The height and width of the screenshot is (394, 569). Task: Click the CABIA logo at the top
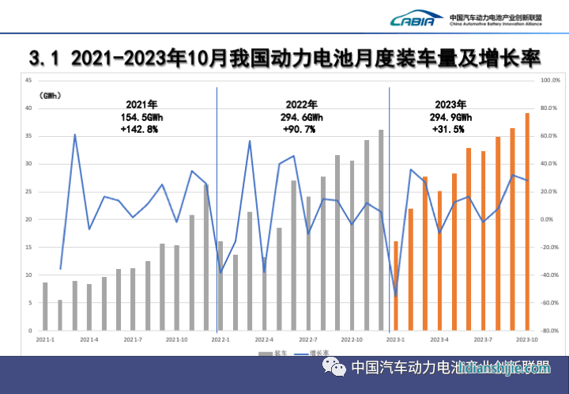click(413, 19)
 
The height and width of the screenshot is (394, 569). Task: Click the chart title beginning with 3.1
click(284, 59)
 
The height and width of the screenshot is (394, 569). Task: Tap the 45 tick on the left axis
click(28, 81)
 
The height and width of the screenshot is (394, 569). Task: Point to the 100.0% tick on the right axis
click(549, 81)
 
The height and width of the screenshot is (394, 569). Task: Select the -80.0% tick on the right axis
click(550, 331)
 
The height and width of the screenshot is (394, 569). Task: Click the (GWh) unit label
click(53, 96)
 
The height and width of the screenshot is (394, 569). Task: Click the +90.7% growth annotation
click(300, 129)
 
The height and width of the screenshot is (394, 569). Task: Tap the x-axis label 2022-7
click(307, 339)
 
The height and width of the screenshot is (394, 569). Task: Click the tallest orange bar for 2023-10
click(527, 222)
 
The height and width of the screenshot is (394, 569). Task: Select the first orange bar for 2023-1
click(396, 286)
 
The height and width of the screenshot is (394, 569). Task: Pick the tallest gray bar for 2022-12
click(381, 229)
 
